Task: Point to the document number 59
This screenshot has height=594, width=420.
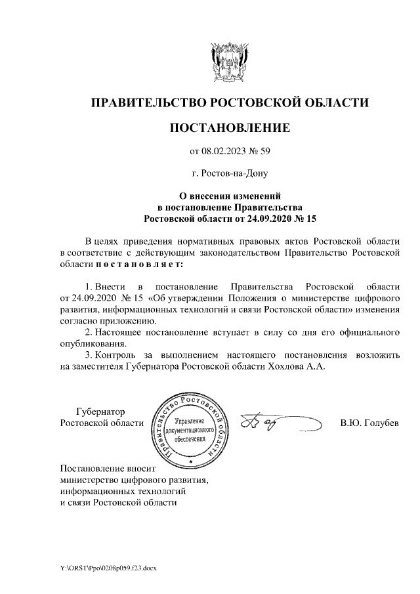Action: coord(264,152)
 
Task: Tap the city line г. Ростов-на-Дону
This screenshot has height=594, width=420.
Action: coord(229,174)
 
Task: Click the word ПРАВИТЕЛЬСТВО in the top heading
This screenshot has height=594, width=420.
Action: coord(147,102)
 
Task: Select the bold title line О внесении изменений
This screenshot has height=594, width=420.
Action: coord(230,196)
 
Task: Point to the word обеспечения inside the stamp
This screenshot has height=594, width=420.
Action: coord(190,438)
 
